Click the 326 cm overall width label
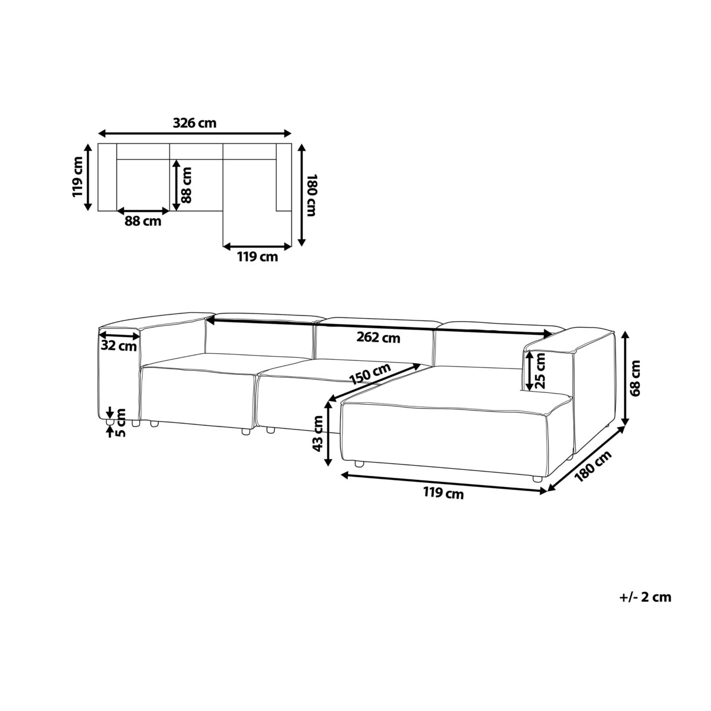tap(194, 123)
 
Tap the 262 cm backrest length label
tap(378, 337)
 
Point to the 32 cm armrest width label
tap(119, 346)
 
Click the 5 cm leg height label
tap(120, 422)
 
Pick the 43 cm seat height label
tap(318, 434)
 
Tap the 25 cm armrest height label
tap(540, 371)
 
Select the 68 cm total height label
tap(635, 378)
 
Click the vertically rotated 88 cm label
tap(187, 185)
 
